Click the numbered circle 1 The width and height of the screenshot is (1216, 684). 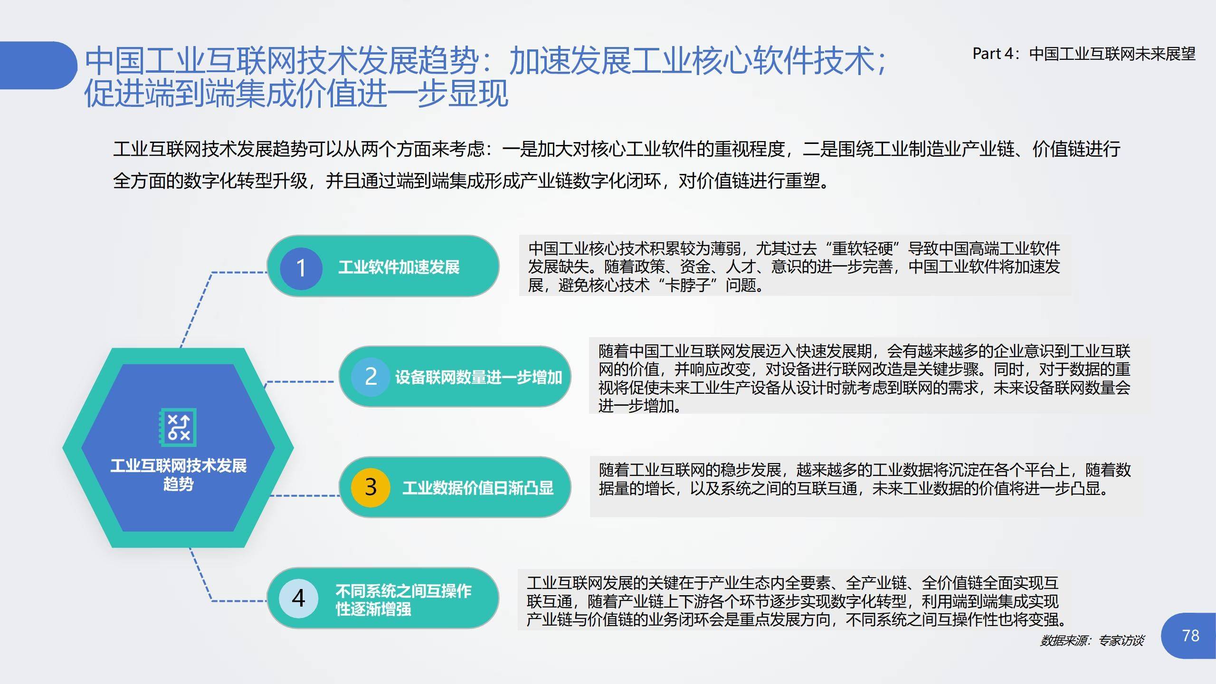click(x=301, y=268)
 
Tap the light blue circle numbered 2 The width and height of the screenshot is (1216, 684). click(x=370, y=377)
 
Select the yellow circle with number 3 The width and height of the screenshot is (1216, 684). click(x=370, y=487)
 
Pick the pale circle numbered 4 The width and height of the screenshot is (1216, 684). click(x=298, y=598)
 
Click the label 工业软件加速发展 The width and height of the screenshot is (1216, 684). click(x=399, y=267)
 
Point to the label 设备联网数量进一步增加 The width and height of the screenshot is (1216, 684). click(x=478, y=377)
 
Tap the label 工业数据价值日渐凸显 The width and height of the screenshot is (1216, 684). click(x=478, y=488)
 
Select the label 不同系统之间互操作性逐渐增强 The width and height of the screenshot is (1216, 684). click(x=403, y=600)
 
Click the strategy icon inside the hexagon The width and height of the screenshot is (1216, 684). click(x=178, y=427)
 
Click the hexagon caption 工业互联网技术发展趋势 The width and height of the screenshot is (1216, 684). click(x=178, y=475)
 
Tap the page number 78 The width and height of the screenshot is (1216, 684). click(x=1190, y=636)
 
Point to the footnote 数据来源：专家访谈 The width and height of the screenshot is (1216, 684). click(x=1092, y=641)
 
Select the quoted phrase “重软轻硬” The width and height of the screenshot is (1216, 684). click(x=862, y=248)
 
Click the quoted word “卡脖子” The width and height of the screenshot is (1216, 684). click(x=687, y=285)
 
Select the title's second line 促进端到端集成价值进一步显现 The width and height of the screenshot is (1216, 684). click(x=296, y=93)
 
